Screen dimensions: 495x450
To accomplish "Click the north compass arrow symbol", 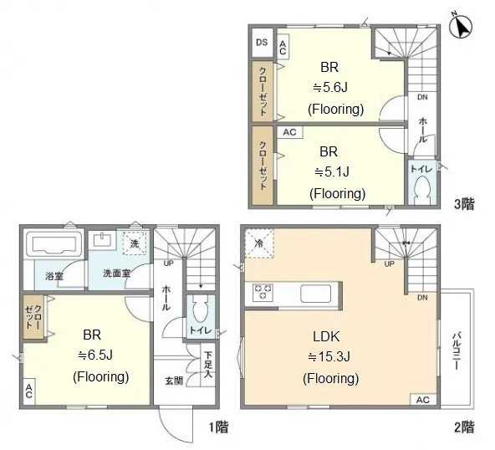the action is click(x=461, y=27).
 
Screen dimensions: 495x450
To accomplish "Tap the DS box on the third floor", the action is click(x=262, y=43).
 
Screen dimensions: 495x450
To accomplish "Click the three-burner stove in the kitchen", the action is click(x=263, y=292).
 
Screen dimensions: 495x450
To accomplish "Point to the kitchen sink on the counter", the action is click(x=316, y=294).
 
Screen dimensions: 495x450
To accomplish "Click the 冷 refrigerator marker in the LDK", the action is click(x=259, y=243).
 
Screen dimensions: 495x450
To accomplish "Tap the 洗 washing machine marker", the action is click(x=135, y=243).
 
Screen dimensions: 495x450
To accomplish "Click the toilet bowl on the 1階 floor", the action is click(x=200, y=309).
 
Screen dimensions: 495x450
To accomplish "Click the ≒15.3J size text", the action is click(x=329, y=357).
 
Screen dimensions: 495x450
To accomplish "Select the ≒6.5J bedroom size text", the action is click(x=95, y=355).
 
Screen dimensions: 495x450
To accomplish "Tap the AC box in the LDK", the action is click(x=423, y=400).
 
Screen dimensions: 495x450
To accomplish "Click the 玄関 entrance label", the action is click(x=174, y=381).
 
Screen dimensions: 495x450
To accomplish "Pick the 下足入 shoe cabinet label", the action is click(x=207, y=365).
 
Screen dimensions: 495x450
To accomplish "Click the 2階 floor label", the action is click(x=464, y=427).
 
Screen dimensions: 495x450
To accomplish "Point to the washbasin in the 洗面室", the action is click(x=101, y=239).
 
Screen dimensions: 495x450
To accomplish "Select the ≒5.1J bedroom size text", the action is click(x=332, y=172).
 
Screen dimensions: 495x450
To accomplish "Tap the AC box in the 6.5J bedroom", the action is click(x=29, y=391).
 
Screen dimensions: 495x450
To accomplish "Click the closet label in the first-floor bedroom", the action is click(x=33, y=317).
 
